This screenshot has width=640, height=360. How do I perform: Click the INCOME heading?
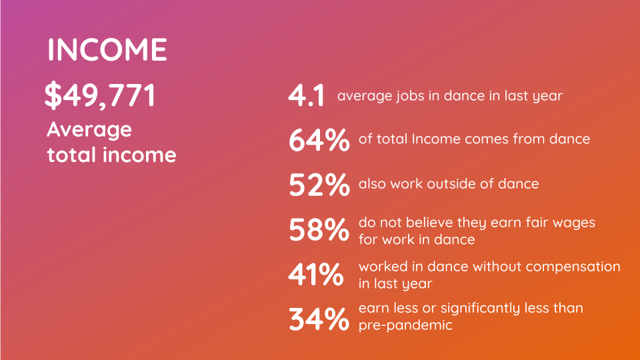click(x=107, y=49)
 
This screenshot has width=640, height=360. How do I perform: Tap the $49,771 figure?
click(x=100, y=95)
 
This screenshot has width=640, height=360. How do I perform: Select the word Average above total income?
click(x=89, y=131)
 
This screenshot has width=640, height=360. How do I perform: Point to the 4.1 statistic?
click(x=306, y=96)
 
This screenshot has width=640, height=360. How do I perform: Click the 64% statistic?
click(x=319, y=140)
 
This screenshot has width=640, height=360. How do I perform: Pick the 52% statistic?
click(x=319, y=185)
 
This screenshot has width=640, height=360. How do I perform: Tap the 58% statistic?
click(x=319, y=229)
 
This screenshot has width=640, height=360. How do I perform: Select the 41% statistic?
click(x=316, y=274)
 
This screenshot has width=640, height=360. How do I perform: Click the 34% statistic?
click(x=319, y=319)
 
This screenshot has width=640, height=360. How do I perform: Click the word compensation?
click(x=573, y=267)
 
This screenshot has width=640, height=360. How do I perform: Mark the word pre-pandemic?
click(x=405, y=325)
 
